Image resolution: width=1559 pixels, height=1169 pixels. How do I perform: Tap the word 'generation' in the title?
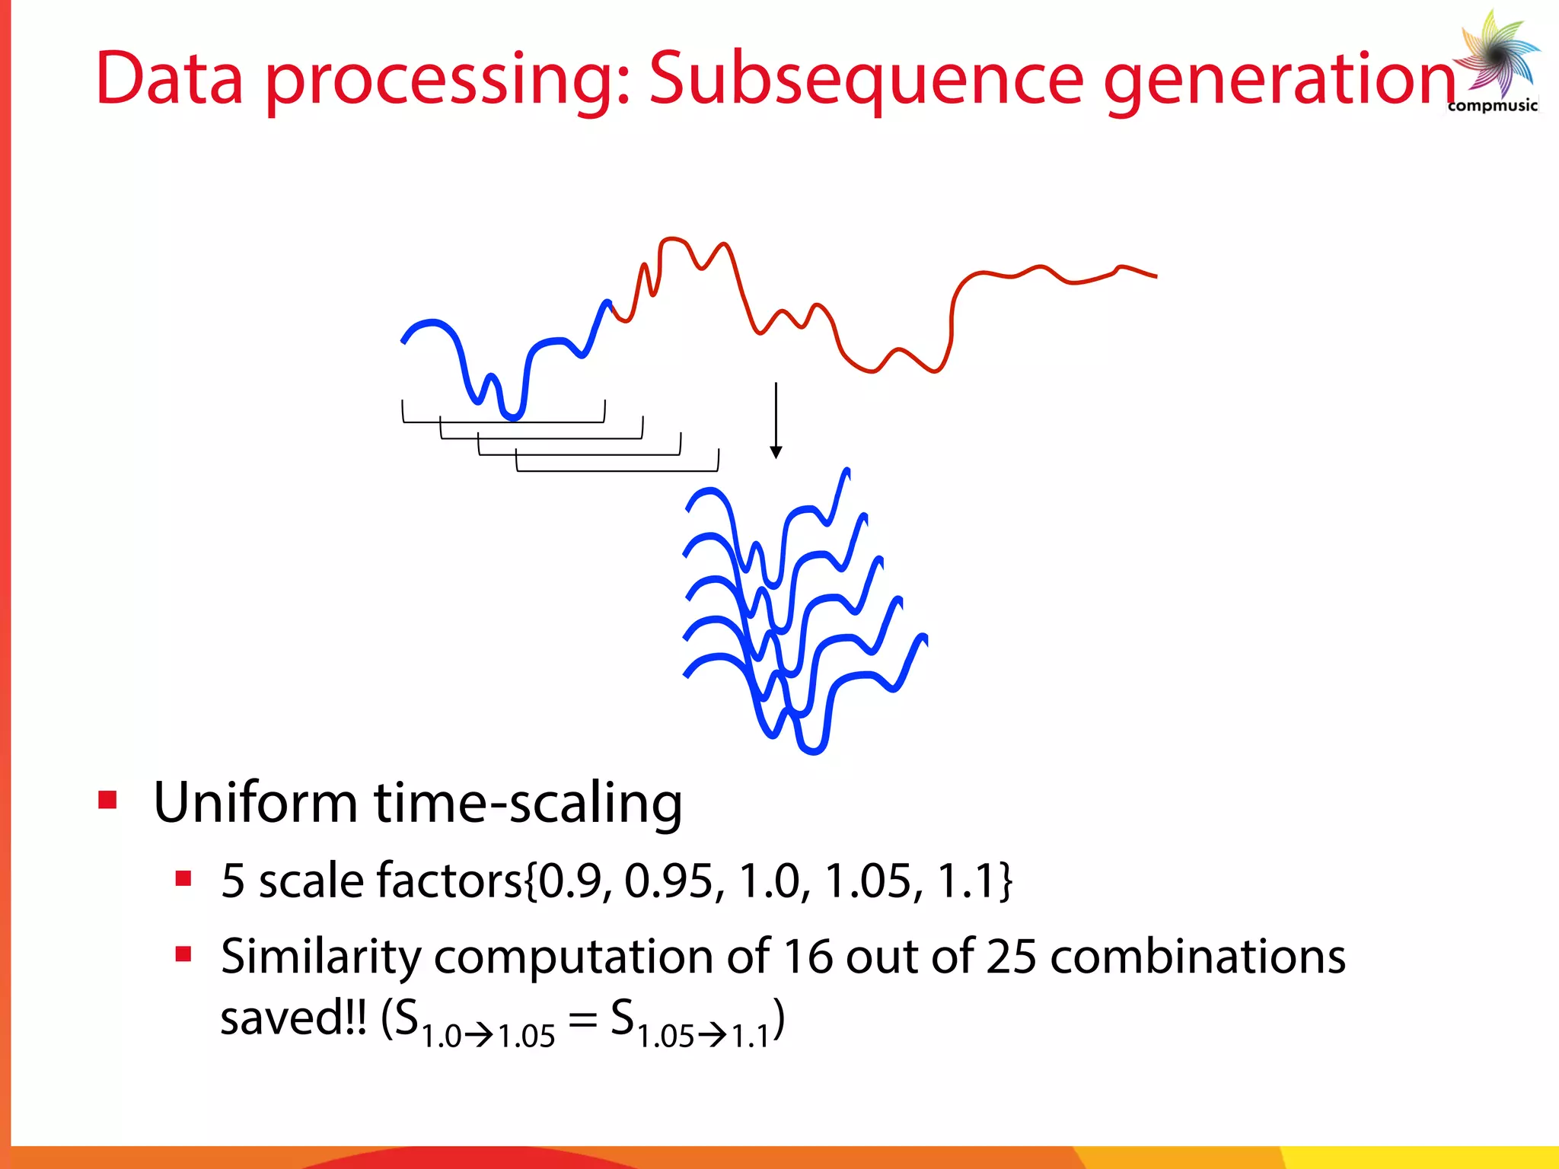(1279, 80)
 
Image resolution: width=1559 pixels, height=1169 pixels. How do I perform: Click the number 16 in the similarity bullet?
(808, 957)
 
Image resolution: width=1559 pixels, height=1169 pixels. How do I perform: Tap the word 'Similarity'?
(320, 957)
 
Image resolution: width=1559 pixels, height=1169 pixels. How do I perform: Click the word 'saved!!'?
(293, 1018)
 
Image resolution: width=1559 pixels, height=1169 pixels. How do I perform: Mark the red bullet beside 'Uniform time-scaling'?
(107, 801)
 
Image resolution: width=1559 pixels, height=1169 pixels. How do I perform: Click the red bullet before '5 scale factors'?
(183, 879)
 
